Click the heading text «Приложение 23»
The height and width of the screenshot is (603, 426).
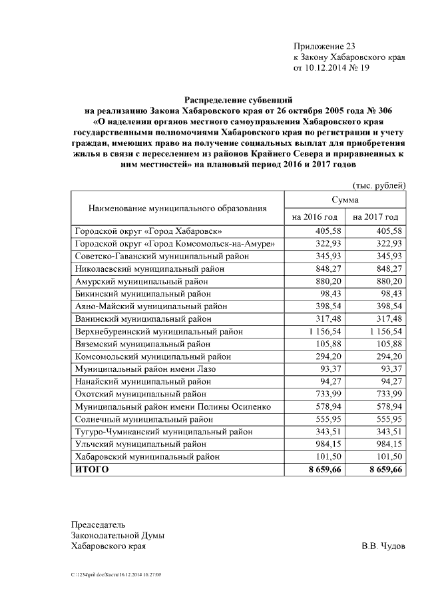pyautogui.click(x=324, y=46)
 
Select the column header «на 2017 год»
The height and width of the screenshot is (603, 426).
pyautogui.click(x=375, y=217)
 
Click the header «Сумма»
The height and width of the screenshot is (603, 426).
pyautogui.click(x=345, y=200)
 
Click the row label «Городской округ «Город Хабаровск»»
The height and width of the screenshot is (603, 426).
pyautogui.click(x=148, y=231)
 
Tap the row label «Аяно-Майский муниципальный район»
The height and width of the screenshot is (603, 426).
pyautogui.click(x=150, y=306)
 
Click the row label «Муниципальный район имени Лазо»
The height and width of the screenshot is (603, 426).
pyautogui.click(x=145, y=368)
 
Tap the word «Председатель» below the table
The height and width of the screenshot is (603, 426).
pyautogui.click(x=98, y=524)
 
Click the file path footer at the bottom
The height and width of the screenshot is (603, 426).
pyautogui.click(x=116, y=574)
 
